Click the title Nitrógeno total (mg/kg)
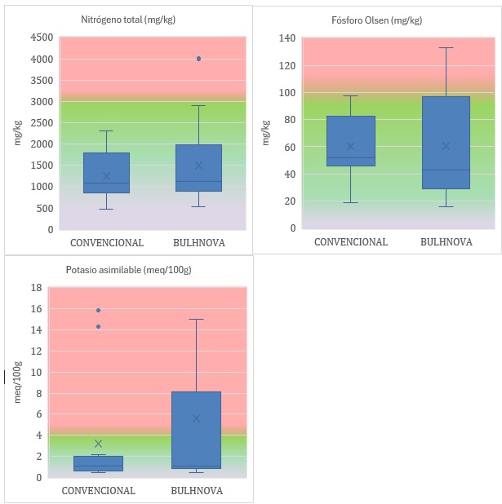pos(127,19)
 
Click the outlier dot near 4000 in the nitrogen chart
pos(199,59)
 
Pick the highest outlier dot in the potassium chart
pos(99,310)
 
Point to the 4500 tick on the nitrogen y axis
pos(42,38)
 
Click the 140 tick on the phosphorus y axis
pos(287,38)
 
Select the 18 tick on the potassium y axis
pos(37,287)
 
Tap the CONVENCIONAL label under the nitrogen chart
pos(107,243)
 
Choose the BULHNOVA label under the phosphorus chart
pos(446,242)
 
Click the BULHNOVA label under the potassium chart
pos(197,491)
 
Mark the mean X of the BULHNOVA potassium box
pos(196,418)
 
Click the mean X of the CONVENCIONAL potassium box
pos(99,444)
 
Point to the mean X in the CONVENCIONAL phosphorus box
pos(351,147)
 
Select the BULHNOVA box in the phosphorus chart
pos(446,143)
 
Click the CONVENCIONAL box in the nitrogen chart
pos(106,173)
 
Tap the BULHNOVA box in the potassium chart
pos(196,430)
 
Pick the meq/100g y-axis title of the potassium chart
pos(17,382)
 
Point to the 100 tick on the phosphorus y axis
pos(287,92)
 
